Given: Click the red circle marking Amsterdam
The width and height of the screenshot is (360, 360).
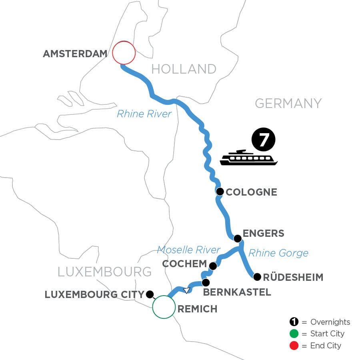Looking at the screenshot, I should click(x=124, y=53).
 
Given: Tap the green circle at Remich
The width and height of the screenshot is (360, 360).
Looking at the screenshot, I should click(x=164, y=307).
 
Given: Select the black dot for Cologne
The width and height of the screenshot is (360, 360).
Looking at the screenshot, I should click(x=220, y=192).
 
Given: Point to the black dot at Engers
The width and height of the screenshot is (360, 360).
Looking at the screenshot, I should click(x=237, y=239).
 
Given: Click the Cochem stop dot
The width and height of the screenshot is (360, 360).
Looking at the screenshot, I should click(x=213, y=266).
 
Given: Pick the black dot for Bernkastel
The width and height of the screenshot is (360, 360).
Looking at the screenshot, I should click(x=206, y=282).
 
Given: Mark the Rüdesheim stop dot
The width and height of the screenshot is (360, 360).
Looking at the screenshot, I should click(x=257, y=276).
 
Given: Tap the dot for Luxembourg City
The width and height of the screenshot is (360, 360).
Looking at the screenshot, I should click(x=150, y=294).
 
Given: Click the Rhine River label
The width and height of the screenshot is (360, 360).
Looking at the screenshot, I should click(x=144, y=114).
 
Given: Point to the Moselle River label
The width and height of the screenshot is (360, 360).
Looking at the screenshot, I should click(x=188, y=250).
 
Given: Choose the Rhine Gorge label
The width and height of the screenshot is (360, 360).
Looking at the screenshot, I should click(x=278, y=253).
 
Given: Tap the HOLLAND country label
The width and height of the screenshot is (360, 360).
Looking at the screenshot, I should click(x=184, y=69).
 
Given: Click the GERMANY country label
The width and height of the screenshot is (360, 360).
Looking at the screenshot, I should click(x=288, y=103).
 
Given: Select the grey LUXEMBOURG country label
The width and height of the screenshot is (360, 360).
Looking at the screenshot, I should click(x=105, y=272).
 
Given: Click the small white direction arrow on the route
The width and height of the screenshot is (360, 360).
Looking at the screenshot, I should click(x=186, y=290).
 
